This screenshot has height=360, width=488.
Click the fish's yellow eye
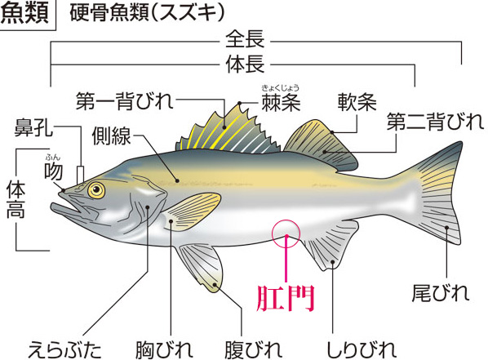[96, 189]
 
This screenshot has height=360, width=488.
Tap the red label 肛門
[285, 298]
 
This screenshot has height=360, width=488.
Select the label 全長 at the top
[245, 39]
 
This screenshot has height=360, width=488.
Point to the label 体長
[245, 64]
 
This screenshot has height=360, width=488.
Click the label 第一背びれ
[125, 101]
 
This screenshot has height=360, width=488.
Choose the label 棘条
[281, 102]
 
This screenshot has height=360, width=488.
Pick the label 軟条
[357, 102]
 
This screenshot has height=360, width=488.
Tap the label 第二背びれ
[435, 122]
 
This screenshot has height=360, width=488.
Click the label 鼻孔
[33, 127]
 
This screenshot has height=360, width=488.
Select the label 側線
[111, 136]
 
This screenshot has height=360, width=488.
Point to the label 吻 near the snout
[53, 171]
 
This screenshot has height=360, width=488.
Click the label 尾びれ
[440, 293]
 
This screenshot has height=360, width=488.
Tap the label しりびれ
[362, 349]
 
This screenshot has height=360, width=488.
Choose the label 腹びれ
[253, 349]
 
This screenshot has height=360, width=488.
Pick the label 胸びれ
[164, 349]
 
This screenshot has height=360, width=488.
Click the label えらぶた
[64, 349]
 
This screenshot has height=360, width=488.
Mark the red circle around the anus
[272, 233]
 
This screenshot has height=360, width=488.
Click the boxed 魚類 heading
[25, 14]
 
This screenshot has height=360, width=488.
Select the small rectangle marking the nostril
[80, 175]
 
